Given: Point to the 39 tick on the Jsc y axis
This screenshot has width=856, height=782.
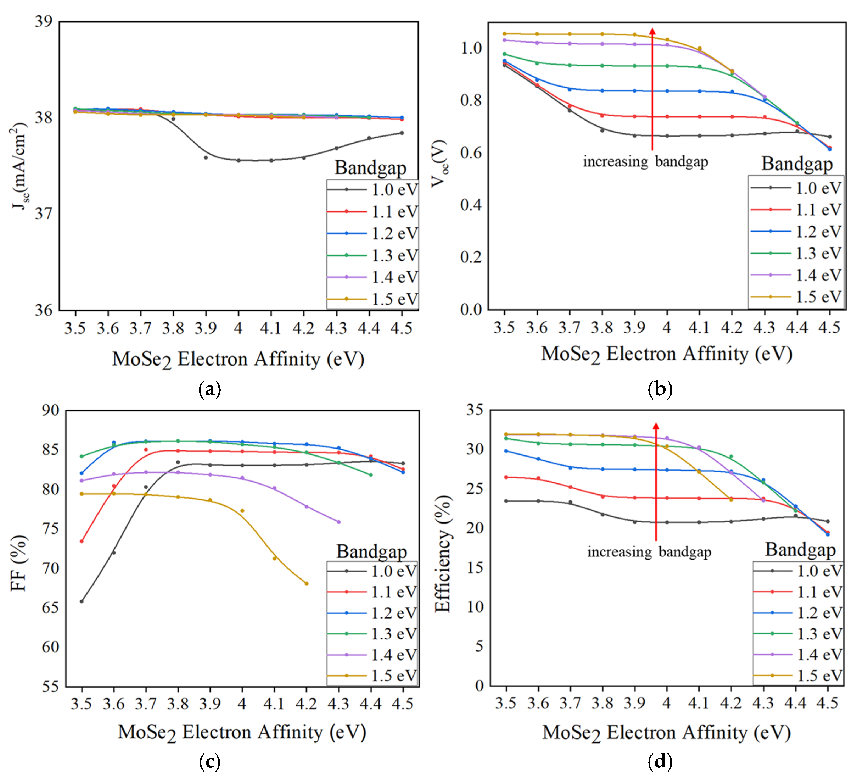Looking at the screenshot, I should (43, 21).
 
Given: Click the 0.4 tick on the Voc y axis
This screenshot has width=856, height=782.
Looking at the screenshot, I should (471, 205).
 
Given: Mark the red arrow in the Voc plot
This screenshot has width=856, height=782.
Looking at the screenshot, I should (652, 89).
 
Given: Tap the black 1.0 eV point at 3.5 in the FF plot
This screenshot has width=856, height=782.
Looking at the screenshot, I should (82, 601).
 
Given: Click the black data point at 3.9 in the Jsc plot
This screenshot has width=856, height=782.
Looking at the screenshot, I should (206, 158).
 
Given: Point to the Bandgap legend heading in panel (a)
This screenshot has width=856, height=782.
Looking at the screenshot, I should (370, 168).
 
